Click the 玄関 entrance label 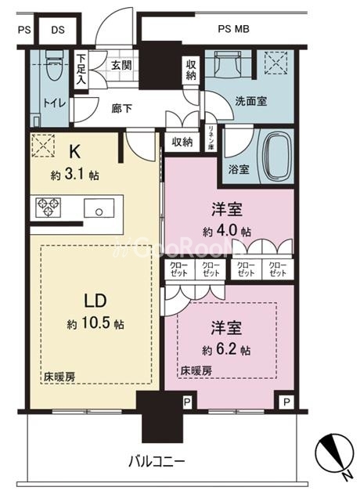[121, 67]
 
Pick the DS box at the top [58, 31]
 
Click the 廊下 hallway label [121, 108]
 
